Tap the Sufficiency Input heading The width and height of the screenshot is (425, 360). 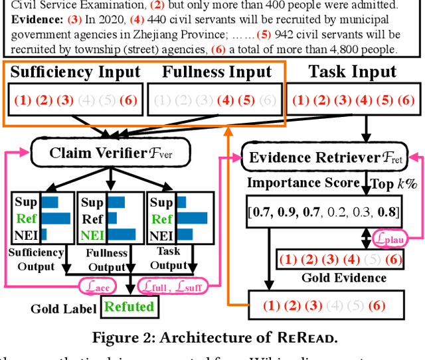[x=75, y=72]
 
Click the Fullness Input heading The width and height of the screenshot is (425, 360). [x=216, y=72]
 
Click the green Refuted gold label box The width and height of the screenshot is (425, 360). [x=128, y=307]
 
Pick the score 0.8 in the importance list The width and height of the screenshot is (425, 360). [x=388, y=212]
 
